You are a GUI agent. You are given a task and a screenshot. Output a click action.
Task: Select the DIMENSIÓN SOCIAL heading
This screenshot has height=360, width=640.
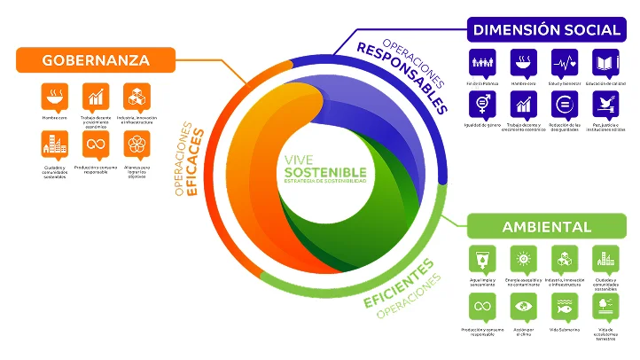pyautogui.click(x=546, y=29)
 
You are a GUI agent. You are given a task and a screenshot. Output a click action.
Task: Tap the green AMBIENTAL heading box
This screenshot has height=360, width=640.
pyautogui.click(x=546, y=227)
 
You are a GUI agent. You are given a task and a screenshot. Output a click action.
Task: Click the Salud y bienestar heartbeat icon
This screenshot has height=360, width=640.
pyautogui.click(x=565, y=63)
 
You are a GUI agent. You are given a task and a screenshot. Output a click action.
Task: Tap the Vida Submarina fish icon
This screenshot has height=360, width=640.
pyautogui.click(x=565, y=307)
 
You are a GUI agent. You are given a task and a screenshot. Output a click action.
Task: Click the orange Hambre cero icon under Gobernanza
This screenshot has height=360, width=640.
pyautogui.click(x=54, y=96)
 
